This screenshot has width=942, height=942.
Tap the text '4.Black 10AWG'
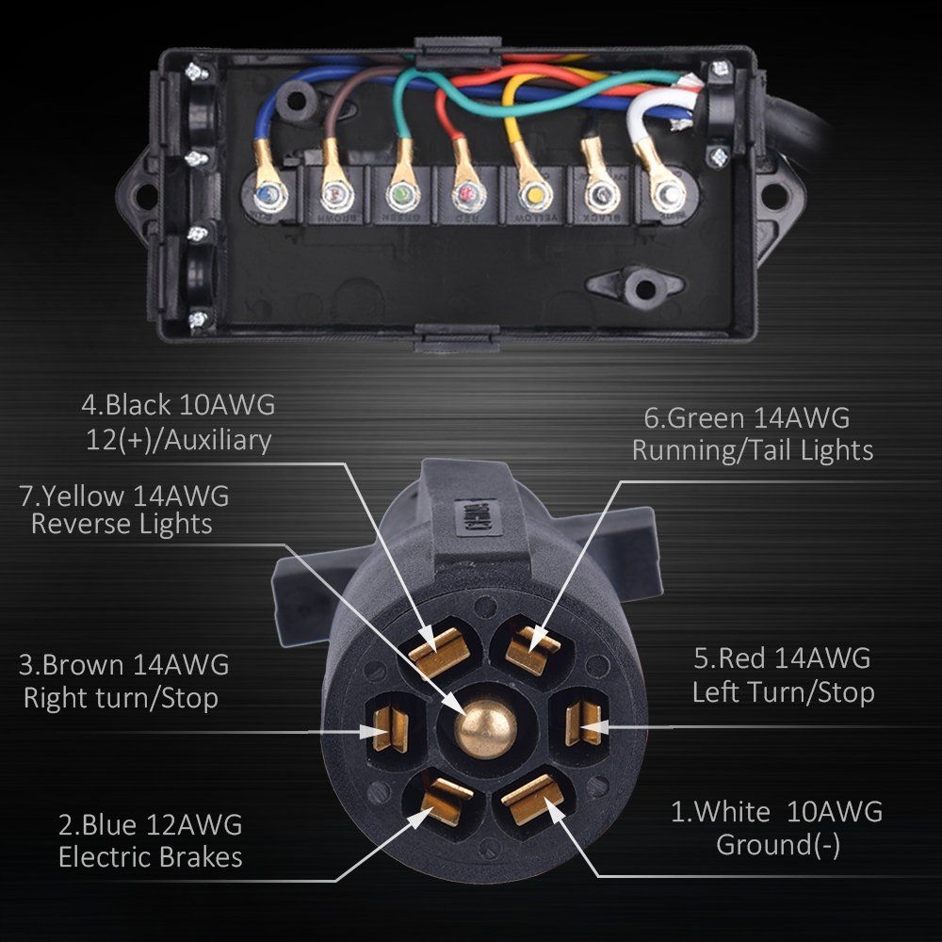pos(178,405)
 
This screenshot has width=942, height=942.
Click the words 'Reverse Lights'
pos(122,524)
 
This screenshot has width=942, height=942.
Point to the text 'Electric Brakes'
pos(150,856)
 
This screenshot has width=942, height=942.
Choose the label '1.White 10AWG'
pos(776,811)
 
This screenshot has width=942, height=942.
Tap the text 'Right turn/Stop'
pos(121,698)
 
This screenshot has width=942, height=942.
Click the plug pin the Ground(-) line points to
pos(532,797)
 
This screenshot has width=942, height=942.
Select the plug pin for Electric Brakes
pos(439,799)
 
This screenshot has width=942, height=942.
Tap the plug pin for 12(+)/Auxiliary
pos(439,648)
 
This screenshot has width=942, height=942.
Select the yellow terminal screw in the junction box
pos(532,196)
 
